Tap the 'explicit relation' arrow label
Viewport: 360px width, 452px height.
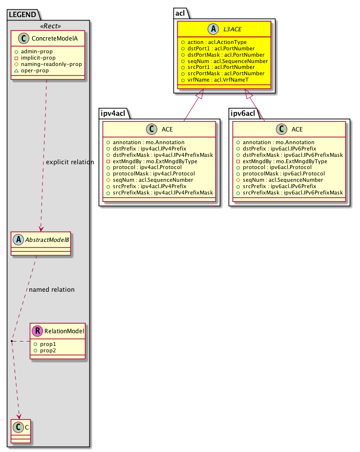point(69,162)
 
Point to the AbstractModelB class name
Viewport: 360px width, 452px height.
point(48,239)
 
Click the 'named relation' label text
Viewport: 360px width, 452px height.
point(52,290)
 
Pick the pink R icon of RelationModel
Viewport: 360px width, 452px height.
point(37,331)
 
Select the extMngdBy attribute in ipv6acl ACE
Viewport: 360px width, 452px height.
point(277,161)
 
